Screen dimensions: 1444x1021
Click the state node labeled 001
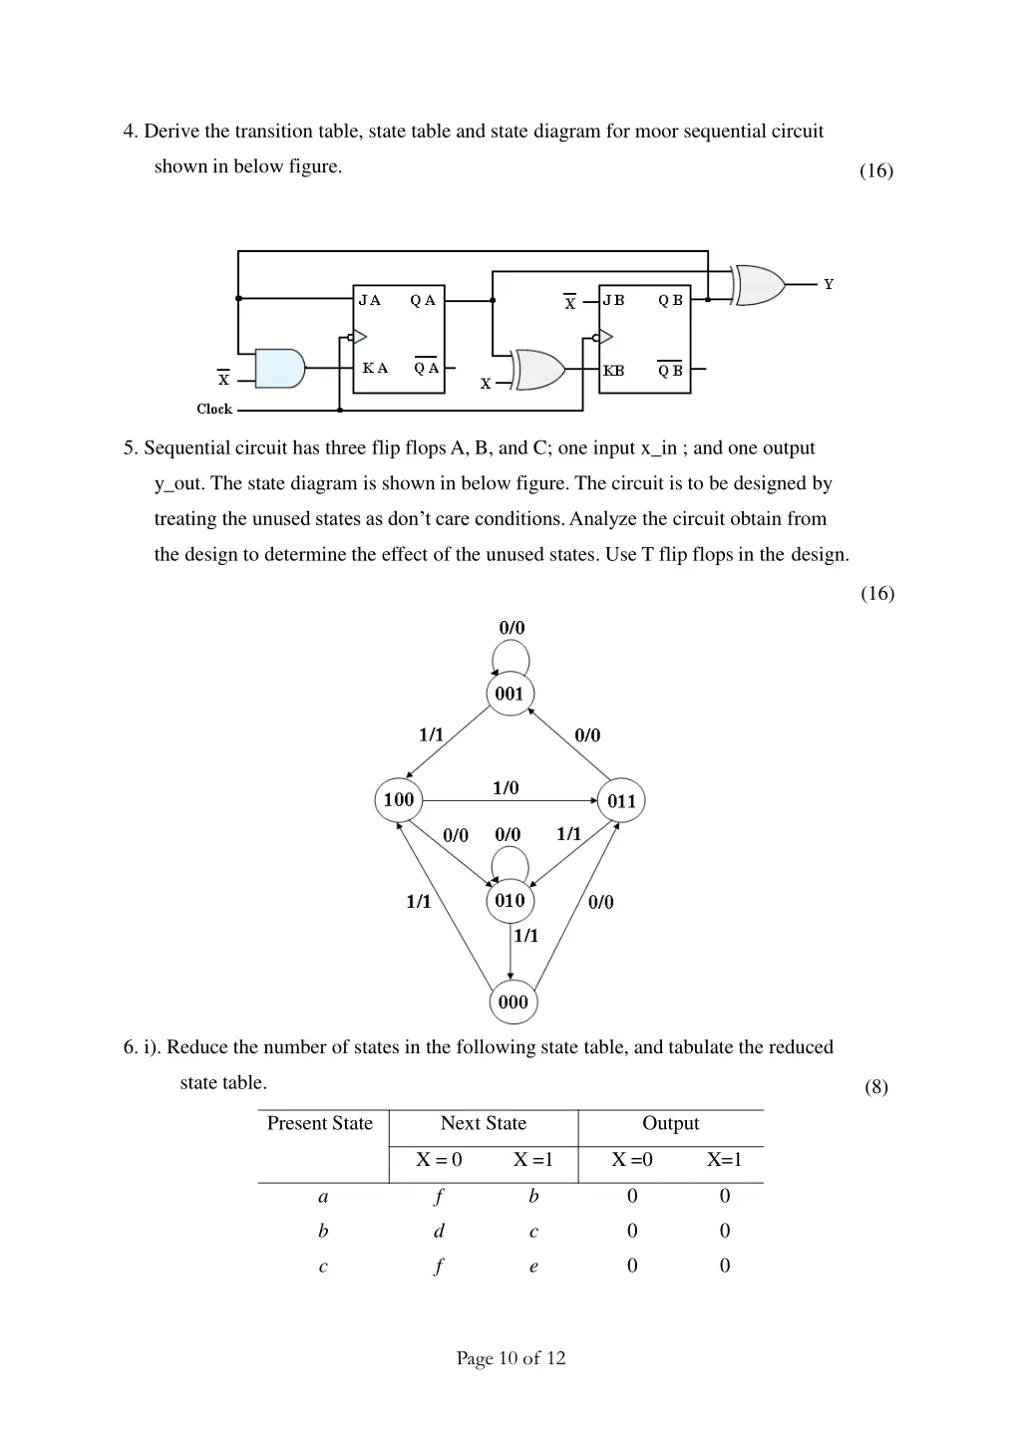click(x=510, y=694)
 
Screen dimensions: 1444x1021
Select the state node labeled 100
click(x=399, y=799)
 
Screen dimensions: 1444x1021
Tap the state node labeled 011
click(x=621, y=801)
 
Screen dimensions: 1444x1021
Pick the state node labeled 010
click(x=510, y=901)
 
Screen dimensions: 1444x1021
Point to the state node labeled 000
click(x=512, y=1003)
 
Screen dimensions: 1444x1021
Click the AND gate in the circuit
click(x=280, y=369)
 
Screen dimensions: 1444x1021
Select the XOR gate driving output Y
click(x=759, y=285)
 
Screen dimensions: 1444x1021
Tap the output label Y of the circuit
click(x=829, y=285)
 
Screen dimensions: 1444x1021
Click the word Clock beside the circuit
click(x=214, y=409)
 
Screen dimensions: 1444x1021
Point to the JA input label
click(x=370, y=300)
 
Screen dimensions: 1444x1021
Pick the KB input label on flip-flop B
click(x=614, y=371)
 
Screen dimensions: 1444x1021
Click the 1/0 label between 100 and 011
click(x=506, y=788)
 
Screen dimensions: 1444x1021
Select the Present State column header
click(x=320, y=1124)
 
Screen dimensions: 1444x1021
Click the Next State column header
click(x=484, y=1124)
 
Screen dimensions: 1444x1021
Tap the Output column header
click(x=670, y=1124)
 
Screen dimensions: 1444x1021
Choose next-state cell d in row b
click(x=439, y=1232)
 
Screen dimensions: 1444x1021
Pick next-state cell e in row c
click(x=533, y=1267)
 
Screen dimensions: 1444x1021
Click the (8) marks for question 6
click(x=876, y=1087)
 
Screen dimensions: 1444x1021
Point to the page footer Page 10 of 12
click(x=510, y=1358)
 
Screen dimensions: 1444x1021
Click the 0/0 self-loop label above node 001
click(x=511, y=628)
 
